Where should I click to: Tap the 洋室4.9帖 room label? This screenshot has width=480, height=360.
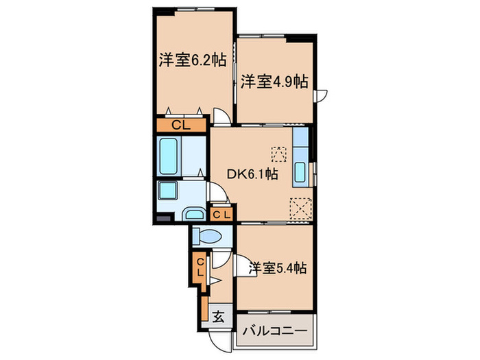[274, 82]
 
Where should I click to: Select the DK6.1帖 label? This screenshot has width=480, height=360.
[252, 175]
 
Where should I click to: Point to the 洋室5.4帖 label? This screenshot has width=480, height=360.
[276, 268]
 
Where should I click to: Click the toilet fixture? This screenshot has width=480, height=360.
[208, 237]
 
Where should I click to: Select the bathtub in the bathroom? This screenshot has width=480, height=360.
[169, 156]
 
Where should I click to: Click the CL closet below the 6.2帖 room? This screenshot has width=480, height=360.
[181, 125]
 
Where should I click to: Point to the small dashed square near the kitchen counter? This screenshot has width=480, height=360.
[278, 152]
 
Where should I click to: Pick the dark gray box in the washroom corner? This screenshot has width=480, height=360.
[163, 219]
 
